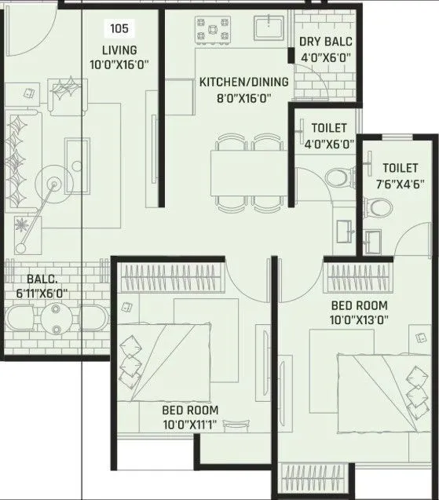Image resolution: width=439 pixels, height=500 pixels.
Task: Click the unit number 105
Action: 119,29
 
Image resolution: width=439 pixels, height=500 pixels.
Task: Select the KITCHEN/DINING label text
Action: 243,82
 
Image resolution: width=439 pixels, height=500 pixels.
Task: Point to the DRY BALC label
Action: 325,42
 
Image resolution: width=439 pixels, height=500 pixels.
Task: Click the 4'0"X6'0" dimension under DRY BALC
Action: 325,57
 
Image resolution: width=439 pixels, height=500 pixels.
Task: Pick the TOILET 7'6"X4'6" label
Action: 401,168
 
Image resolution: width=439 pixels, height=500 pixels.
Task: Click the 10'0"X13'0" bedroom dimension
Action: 360,319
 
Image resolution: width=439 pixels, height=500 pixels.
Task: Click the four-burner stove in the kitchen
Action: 211,31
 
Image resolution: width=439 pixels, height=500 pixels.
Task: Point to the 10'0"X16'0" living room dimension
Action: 119,64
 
